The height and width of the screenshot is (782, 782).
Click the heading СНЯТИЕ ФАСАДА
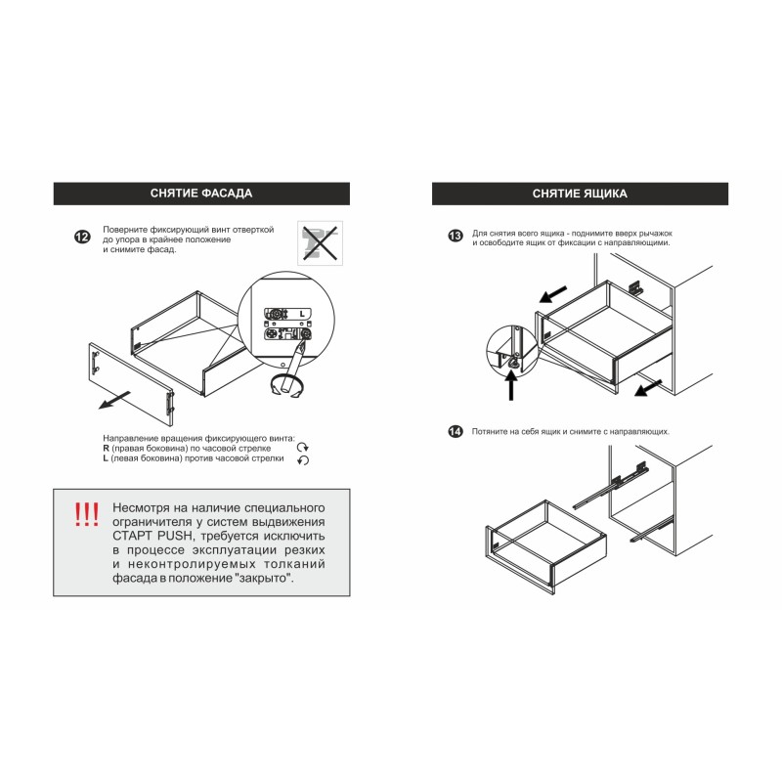201,194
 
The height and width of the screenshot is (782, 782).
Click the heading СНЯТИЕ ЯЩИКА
580,194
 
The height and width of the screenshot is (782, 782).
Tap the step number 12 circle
82,237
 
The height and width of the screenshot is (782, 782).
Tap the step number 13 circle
456,236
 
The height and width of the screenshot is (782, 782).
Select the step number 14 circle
456,431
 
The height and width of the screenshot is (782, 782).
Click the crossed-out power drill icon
320,242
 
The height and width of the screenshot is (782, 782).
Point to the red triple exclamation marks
86,515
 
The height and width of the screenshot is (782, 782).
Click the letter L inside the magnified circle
302,314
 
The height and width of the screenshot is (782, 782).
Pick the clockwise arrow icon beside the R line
303,448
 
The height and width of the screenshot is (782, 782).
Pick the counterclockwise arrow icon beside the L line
303,459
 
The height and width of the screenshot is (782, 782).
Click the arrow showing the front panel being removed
114,400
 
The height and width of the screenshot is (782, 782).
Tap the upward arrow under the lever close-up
511,386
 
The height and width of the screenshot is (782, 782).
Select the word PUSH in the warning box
175,536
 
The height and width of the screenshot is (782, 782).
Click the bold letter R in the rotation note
106,449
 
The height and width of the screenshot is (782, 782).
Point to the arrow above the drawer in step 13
553,294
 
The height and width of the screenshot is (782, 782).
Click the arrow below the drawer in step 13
648,388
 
